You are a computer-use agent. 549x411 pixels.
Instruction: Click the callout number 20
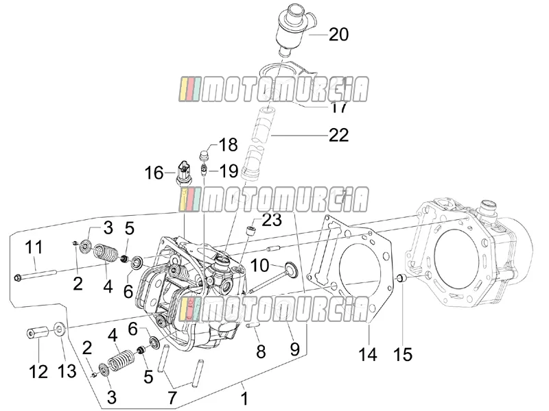click(x=338, y=35)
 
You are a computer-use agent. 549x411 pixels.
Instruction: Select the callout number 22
click(x=338, y=135)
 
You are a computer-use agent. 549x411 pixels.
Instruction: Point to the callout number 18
click(x=228, y=145)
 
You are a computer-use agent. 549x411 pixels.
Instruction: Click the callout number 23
click(x=272, y=220)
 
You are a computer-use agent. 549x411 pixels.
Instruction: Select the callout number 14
click(x=368, y=354)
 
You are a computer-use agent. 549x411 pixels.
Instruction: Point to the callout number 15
click(x=403, y=354)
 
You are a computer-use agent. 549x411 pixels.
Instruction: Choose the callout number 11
click(x=34, y=248)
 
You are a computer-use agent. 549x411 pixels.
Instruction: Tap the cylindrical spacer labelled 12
click(x=37, y=333)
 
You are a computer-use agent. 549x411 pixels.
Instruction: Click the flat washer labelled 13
click(x=59, y=329)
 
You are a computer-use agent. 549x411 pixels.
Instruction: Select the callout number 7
click(x=172, y=398)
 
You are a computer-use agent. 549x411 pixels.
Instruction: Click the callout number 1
click(x=245, y=399)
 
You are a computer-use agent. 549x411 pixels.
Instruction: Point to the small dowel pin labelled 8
click(x=253, y=325)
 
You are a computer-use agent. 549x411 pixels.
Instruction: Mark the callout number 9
click(x=295, y=349)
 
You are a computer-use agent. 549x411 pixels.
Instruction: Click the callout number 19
click(x=229, y=171)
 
